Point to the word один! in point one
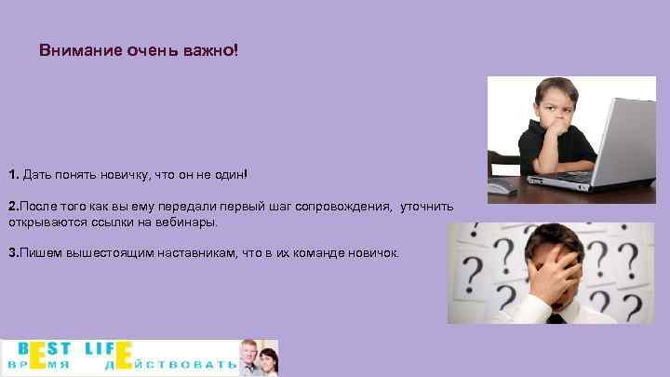coord(230,174)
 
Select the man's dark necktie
coord(556,318)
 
